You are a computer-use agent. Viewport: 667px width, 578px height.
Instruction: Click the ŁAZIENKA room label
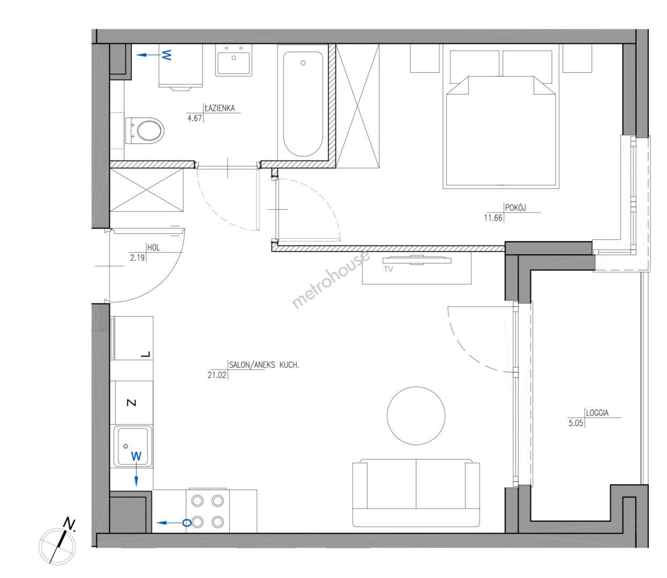point(220,108)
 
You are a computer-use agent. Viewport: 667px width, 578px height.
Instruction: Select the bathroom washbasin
point(234,60)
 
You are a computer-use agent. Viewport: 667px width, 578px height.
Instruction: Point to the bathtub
point(303,103)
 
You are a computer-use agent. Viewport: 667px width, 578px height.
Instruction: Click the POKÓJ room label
point(515,207)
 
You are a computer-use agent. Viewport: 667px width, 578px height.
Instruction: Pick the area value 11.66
point(493,217)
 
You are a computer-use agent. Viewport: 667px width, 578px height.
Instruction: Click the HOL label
point(154,247)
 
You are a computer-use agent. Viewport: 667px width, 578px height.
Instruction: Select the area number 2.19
point(137,257)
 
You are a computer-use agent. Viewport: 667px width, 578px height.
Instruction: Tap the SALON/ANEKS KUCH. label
point(264,364)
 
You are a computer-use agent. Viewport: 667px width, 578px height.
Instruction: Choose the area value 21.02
point(217,375)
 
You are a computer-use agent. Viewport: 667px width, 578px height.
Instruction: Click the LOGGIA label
point(597,413)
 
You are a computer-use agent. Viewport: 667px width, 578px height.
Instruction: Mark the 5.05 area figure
point(576,423)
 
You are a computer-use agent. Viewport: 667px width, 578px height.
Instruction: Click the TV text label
point(388,269)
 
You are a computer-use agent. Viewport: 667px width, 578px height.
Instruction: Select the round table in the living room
point(416,415)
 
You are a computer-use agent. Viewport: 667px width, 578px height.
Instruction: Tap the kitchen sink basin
point(133,446)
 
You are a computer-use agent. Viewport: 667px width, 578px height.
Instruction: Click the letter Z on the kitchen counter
point(131,403)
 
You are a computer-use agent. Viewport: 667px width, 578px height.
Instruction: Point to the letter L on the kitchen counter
point(145,354)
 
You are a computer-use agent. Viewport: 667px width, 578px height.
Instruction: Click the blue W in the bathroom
point(166,55)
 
